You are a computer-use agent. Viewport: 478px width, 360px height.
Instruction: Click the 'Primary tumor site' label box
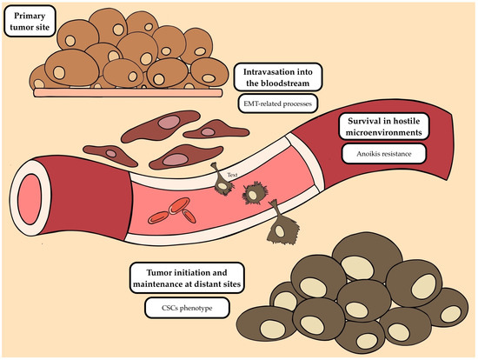(x=30, y=21)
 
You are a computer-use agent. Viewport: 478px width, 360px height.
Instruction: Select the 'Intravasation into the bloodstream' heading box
(x=278, y=77)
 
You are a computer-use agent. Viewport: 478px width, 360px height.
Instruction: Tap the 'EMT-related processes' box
(x=278, y=103)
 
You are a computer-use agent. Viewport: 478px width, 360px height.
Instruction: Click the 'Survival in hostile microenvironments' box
(x=384, y=127)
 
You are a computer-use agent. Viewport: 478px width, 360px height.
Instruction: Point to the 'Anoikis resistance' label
(x=384, y=154)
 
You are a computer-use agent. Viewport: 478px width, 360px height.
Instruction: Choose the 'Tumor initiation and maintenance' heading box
(x=187, y=278)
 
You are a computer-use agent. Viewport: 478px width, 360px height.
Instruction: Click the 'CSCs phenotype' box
(x=187, y=308)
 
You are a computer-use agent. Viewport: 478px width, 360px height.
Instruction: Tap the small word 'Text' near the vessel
(x=232, y=175)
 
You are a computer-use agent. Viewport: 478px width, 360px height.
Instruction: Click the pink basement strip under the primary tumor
(x=128, y=93)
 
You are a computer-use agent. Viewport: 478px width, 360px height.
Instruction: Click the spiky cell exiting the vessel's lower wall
(x=281, y=225)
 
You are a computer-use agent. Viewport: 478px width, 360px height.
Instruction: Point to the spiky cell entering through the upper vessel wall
(x=222, y=182)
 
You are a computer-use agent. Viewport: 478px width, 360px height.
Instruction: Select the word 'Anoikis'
(x=368, y=154)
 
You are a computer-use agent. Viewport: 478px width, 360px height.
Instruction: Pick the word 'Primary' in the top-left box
(x=30, y=16)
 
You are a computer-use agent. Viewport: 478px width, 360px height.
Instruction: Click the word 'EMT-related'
(x=262, y=103)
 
